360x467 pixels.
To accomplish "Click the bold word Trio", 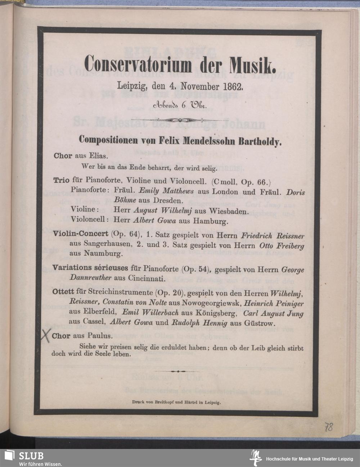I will (62, 180).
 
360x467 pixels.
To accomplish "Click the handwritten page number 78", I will (328, 427).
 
